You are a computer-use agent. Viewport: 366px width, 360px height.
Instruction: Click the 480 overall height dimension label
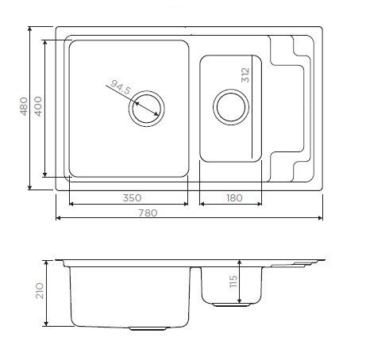[x=24, y=106]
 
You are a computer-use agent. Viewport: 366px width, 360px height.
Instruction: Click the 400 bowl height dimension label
[x=38, y=106]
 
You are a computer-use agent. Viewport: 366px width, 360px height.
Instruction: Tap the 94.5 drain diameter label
[x=121, y=87]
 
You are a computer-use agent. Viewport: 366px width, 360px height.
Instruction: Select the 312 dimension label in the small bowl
[x=245, y=75]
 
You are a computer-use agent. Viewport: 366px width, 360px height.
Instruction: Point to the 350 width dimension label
[x=132, y=197]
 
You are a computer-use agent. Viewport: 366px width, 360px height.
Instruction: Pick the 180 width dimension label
[x=234, y=197]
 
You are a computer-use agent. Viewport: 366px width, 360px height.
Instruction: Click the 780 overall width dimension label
[x=148, y=213]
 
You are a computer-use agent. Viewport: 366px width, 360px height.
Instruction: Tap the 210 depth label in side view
[x=40, y=291]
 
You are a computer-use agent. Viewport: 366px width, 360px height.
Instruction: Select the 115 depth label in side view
[x=233, y=281]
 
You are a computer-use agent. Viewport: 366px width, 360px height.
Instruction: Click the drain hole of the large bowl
[x=147, y=109]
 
